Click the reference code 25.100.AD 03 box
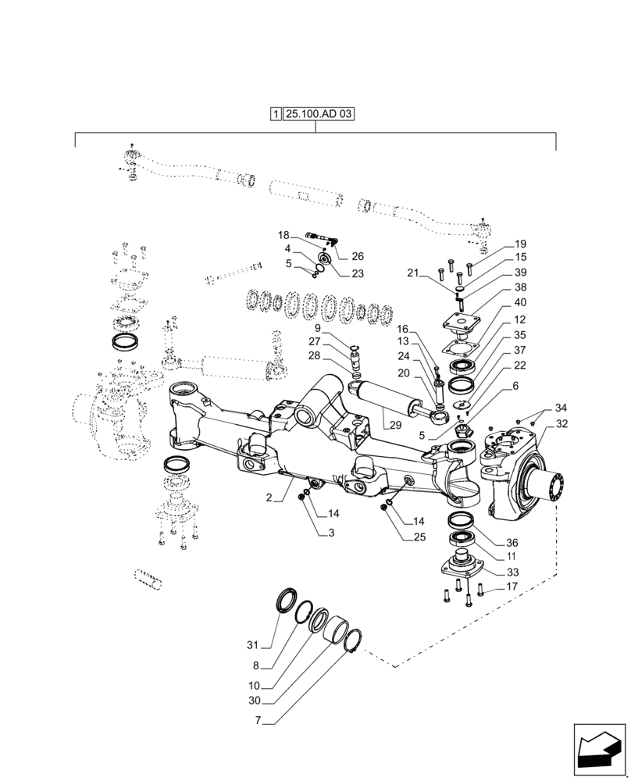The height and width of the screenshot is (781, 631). click(319, 114)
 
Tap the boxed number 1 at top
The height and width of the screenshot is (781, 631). click(276, 114)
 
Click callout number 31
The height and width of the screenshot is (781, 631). click(251, 644)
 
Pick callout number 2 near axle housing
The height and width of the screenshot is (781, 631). click(269, 497)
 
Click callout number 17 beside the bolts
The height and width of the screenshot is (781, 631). click(512, 587)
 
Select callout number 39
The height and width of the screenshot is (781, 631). click(520, 273)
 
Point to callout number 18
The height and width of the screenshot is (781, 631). click(283, 234)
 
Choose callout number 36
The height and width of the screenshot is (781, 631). click(512, 543)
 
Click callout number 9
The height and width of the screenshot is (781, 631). click(340, 328)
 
